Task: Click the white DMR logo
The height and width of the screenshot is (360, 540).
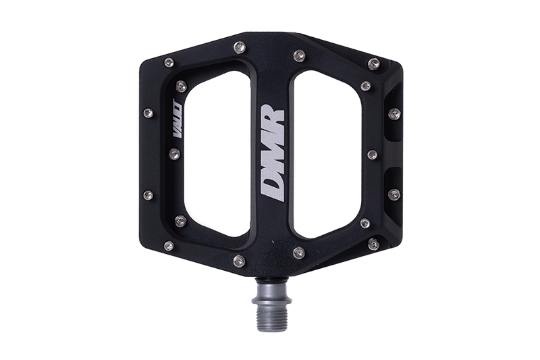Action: pos(273,153)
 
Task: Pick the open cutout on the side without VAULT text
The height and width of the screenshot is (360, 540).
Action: pos(327,154)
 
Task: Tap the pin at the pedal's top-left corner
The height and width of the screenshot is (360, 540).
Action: pos(169,63)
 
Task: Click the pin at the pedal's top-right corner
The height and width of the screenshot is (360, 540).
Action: pos(373,64)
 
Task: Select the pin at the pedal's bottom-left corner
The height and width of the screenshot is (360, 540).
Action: pos(168,245)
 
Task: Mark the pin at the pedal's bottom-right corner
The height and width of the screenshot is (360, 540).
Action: pos(373,245)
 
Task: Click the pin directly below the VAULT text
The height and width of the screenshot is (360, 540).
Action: pos(174,154)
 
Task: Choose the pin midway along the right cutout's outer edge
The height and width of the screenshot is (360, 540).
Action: pos(372,155)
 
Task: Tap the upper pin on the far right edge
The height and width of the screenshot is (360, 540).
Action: pos(394,113)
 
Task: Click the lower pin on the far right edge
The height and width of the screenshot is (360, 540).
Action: pos(394,195)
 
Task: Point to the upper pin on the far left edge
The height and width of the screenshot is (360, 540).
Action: pos(148,113)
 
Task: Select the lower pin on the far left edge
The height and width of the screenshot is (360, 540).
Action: pos(148,195)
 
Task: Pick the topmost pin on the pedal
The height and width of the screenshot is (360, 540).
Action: pos(240,47)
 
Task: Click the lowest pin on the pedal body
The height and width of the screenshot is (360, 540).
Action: pos(240,261)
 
